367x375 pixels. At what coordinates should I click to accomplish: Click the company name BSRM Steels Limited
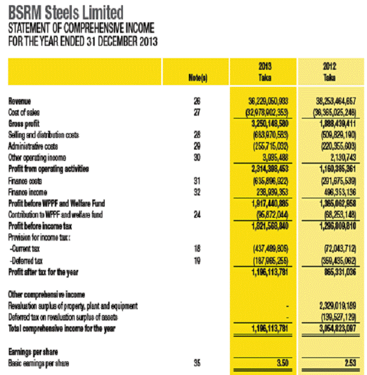click(65, 12)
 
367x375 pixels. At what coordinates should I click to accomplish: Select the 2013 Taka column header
click(264, 72)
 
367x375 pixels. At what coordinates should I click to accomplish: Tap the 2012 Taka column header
click(329, 72)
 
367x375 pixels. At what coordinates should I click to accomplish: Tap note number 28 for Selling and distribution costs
click(197, 135)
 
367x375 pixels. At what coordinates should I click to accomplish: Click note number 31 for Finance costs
click(197, 180)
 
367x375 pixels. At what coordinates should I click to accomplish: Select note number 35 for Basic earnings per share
click(197, 363)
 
